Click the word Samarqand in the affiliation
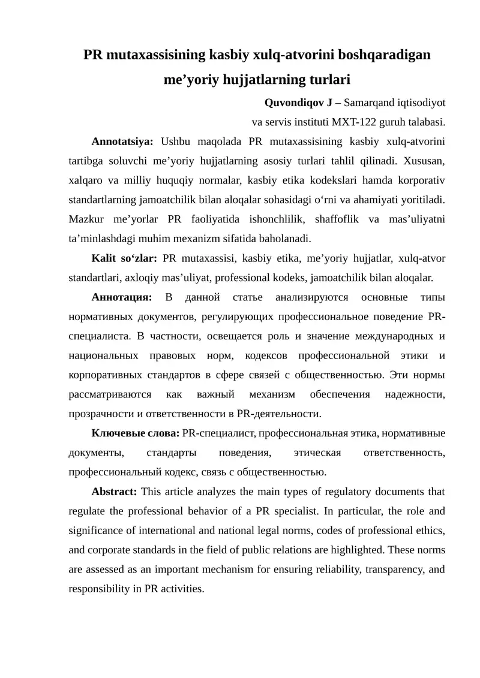click(x=367, y=103)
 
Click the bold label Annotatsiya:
click(x=122, y=142)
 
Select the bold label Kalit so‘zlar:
click(x=124, y=258)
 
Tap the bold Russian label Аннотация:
click(x=122, y=297)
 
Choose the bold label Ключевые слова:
click(x=135, y=433)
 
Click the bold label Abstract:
click(x=114, y=492)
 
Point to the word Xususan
click(x=424, y=161)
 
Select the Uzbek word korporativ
click(x=422, y=180)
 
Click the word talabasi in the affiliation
click(x=426, y=122)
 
